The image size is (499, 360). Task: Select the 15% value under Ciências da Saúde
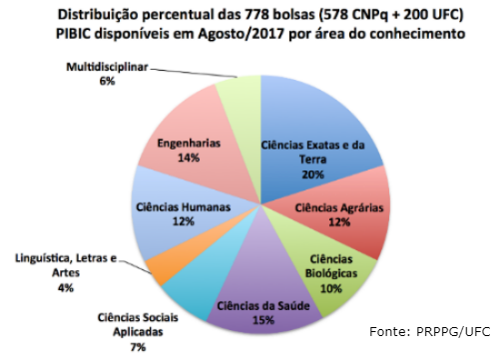point(262,319)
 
